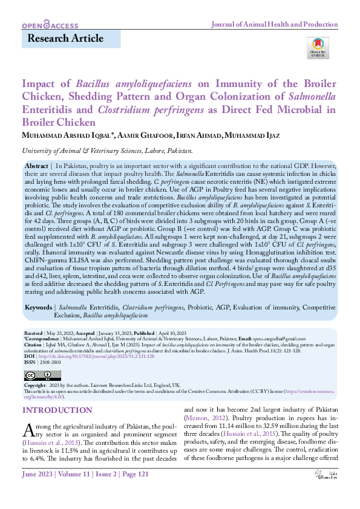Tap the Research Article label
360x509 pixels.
pos(62,39)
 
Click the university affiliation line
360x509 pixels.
pos(107,151)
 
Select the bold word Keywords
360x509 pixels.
pos(39,308)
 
